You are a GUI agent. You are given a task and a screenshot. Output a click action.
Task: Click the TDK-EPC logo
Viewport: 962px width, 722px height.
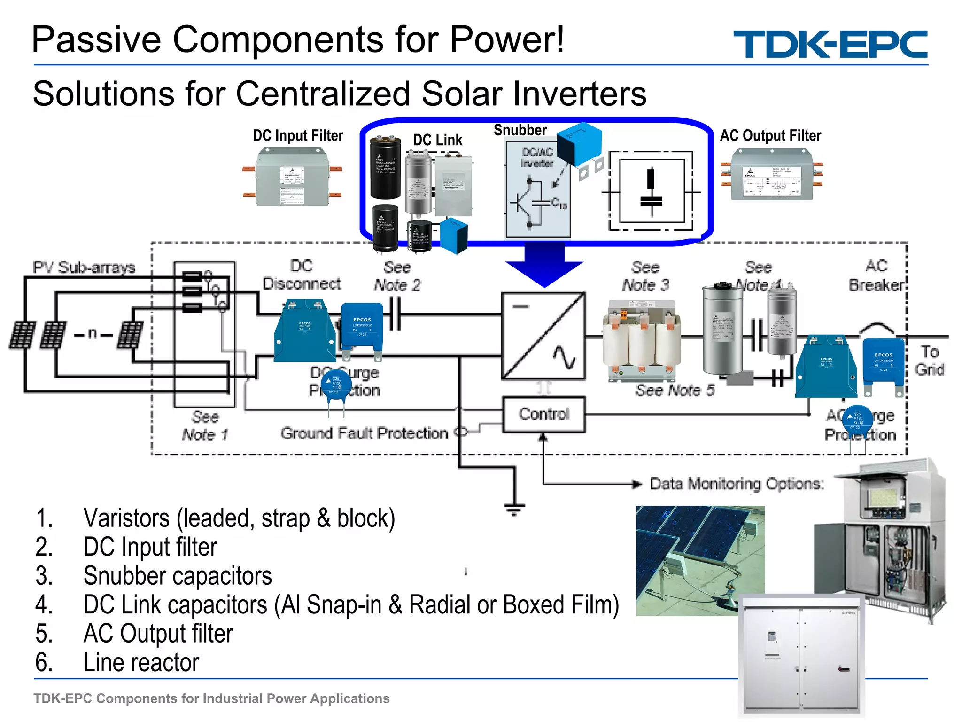pos(830,44)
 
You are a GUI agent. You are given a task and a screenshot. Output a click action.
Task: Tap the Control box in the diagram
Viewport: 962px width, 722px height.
pos(544,414)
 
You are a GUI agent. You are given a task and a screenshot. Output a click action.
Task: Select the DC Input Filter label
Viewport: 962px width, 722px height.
pos(298,136)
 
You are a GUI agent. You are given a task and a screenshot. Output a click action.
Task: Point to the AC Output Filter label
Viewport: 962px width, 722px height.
pos(770,136)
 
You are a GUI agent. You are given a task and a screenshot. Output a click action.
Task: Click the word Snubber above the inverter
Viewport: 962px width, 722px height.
pos(520,130)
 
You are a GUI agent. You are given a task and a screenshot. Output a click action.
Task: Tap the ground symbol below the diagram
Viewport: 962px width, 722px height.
pos(514,509)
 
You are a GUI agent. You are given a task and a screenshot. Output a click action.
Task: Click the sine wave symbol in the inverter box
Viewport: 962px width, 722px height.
pos(564,358)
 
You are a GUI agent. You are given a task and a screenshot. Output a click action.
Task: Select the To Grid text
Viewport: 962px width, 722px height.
pos(929,361)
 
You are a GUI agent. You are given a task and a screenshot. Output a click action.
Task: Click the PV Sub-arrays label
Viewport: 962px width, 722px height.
pos(84,267)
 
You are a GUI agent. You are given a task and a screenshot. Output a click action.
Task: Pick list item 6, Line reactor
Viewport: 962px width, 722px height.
pos(141,662)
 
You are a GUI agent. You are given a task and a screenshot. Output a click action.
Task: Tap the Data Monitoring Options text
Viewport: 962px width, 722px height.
pos(737,484)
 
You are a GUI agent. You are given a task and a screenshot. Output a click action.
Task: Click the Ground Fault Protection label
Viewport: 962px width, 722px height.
pos(365,433)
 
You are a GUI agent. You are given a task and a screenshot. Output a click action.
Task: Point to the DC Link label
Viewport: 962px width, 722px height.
pos(437,140)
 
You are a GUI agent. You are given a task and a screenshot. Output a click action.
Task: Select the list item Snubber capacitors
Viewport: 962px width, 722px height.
pos(178,576)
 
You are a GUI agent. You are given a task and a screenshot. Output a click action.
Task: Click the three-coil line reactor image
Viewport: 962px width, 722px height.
pos(642,341)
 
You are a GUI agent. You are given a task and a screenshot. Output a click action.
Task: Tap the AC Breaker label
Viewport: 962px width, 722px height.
pos(876,275)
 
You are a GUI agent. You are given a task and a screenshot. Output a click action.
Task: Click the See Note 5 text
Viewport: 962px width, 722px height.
pos(675,390)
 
